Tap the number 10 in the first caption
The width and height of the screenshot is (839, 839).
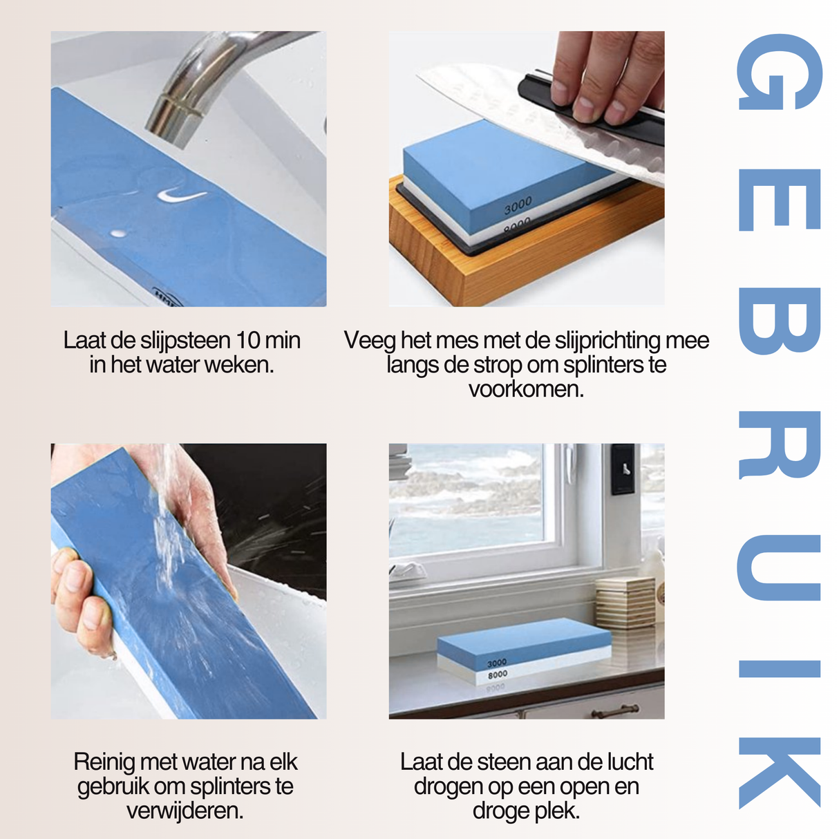tap(248, 341)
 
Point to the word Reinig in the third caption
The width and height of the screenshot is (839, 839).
tap(104, 762)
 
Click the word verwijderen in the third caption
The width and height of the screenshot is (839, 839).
tap(185, 811)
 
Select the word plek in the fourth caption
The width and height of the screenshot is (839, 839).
tap(558, 811)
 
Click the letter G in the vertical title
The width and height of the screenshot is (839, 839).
tap(780, 73)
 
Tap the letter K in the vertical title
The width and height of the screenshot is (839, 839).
tap(780, 772)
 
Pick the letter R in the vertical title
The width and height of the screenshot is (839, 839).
tap(780, 445)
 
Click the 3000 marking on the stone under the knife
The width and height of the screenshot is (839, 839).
tap(518, 205)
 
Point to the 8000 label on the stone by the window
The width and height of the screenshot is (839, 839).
tap(498, 674)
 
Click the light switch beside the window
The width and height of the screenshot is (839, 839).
tap(623, 469)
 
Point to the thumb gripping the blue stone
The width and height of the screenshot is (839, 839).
tap(69, 574)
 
